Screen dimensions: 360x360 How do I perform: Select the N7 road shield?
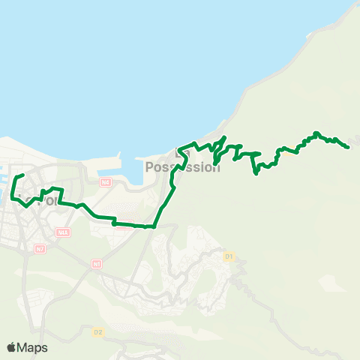point(40,248)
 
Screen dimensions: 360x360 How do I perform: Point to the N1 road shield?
point(96,264)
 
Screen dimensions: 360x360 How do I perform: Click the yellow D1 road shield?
point(229,256)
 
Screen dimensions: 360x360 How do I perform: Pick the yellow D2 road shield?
point(97,331)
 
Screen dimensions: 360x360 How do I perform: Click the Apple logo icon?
point(11,347)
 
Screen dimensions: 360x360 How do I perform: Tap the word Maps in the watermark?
point(34,347)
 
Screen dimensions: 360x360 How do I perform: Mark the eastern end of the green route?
point(349,147)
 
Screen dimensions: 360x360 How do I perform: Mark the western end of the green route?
point(23,175)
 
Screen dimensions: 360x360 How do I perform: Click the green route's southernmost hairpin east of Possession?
point(256,173)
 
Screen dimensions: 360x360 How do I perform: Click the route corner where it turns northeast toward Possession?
point(154,225)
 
